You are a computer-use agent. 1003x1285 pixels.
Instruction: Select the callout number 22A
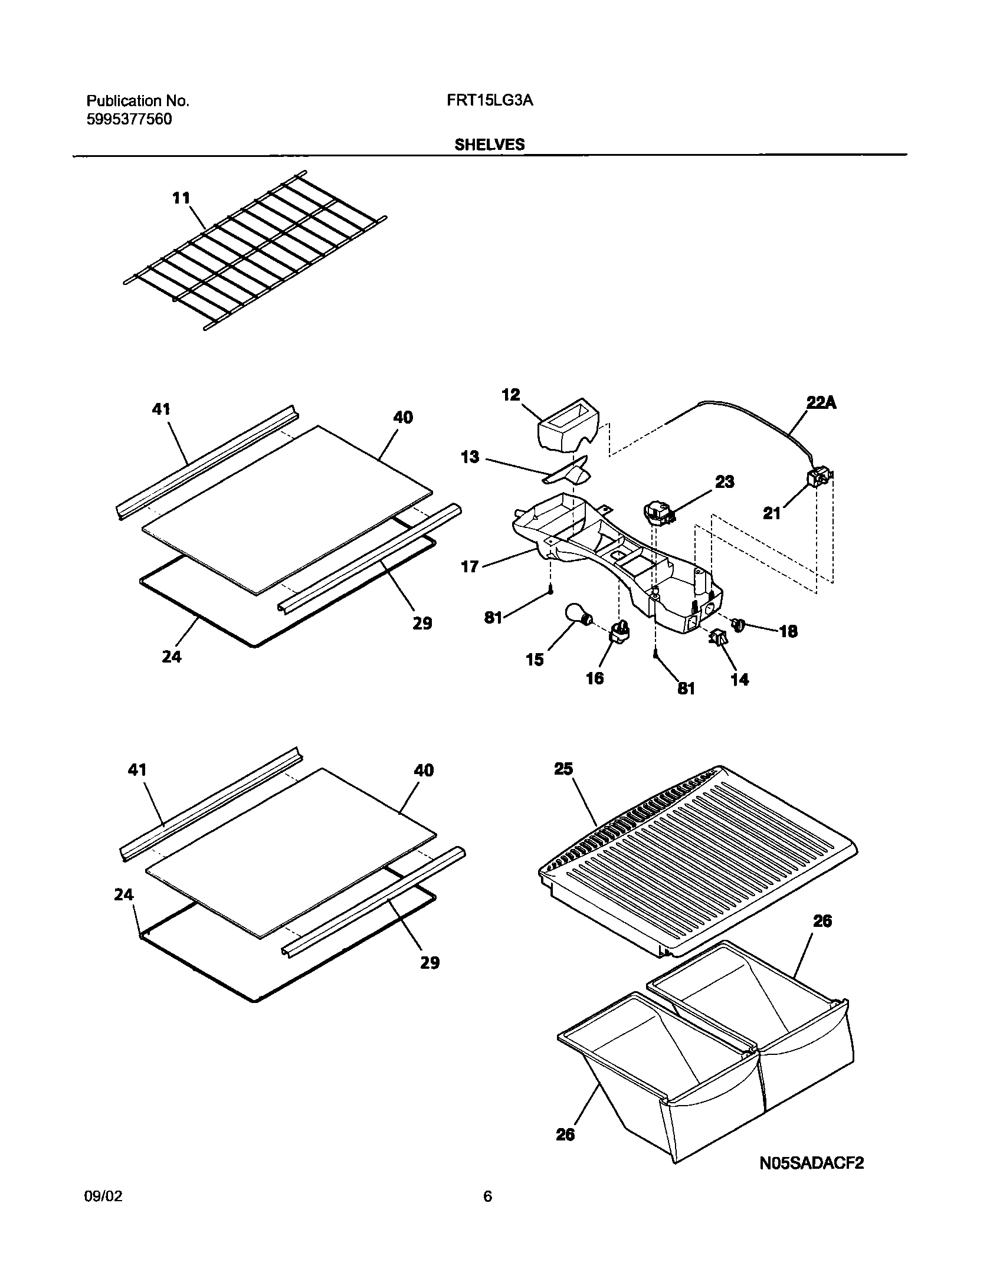click(x=821, y=403)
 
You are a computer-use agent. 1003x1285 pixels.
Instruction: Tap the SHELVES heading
click(x=489, y=145)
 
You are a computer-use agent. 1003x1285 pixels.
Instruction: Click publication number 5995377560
click(x=129, y=120)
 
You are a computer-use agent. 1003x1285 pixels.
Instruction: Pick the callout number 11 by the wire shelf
click(x=181, y=198)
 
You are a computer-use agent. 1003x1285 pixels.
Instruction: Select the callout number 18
click(x=788, y=631)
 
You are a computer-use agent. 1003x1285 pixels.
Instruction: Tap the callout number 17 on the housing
click(x=470, y=568)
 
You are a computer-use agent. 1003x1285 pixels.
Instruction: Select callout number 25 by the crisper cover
click(x=563, y=769)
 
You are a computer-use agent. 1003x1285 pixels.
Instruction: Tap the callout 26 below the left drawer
click(x=565, y=1135)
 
